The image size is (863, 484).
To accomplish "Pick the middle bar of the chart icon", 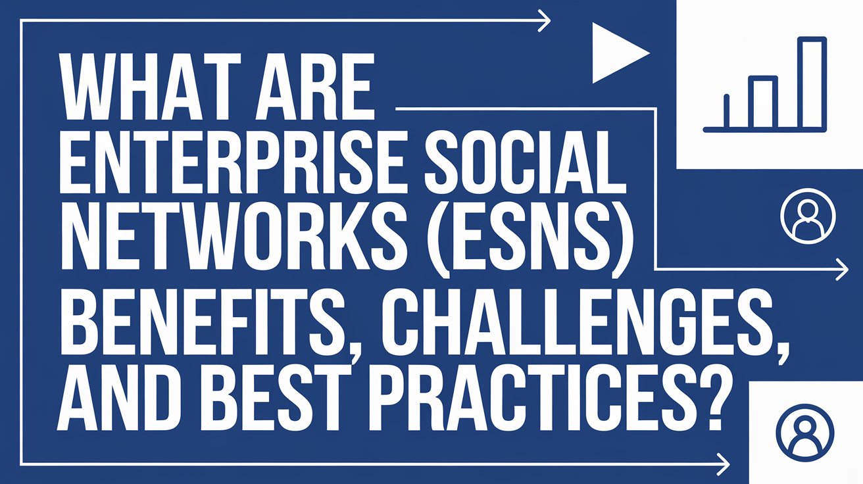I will (764, 102).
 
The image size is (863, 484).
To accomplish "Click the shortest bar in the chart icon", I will (727, 110).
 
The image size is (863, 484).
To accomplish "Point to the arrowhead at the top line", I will (545, 20).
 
